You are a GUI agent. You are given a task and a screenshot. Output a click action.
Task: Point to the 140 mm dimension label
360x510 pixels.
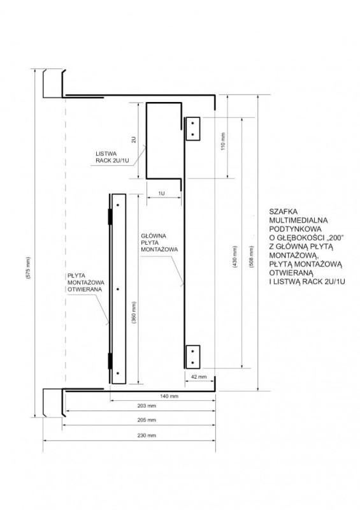169,396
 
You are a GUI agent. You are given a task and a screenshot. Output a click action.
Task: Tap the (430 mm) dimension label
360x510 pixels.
235,257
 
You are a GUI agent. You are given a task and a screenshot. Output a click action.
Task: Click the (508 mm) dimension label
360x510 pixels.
252,257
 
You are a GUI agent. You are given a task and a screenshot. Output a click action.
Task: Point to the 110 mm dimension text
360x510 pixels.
223,141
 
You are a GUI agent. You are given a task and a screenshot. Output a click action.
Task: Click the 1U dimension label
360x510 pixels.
162,193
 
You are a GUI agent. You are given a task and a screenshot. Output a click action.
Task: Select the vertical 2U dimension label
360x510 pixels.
133,140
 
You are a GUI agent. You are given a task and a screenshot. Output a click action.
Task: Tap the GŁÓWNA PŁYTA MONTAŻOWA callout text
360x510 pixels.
159,243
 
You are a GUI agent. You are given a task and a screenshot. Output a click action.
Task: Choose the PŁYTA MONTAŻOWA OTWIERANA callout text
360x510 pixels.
86,282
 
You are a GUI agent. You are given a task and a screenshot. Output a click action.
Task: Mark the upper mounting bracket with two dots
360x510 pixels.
192,129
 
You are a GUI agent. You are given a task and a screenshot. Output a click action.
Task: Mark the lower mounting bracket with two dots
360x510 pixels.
192,357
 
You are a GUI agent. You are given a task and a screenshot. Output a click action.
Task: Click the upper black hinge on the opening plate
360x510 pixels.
110,217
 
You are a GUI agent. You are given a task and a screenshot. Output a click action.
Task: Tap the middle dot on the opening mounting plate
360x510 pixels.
118,289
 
